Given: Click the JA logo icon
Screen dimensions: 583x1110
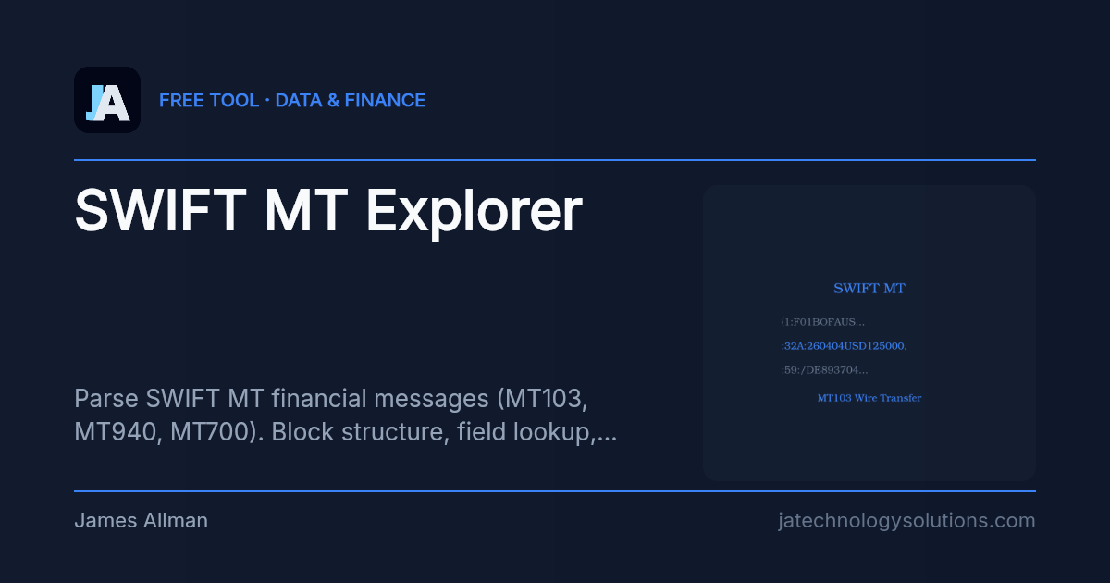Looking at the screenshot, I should click(x=107, y=100).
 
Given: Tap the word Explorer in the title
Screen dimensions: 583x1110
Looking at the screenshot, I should click(x=474, y=211).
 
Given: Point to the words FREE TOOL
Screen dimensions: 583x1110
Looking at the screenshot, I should click(x=209, y=100).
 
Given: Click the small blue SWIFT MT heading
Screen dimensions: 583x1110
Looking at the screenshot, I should click(x=869, y=288).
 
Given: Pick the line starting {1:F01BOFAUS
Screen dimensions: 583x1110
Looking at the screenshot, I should click(x=822, y=321).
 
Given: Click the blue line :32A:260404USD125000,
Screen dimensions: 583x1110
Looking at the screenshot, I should click(x=844, y=346).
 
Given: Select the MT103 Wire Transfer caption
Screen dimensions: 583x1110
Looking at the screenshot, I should click(x=869, y=398).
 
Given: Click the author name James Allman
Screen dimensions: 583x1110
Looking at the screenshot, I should click(x=141, y=521).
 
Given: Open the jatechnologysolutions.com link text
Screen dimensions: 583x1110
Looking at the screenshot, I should click(x=906, y=521).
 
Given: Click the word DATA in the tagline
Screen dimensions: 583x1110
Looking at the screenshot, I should click(x=297, y=100).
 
